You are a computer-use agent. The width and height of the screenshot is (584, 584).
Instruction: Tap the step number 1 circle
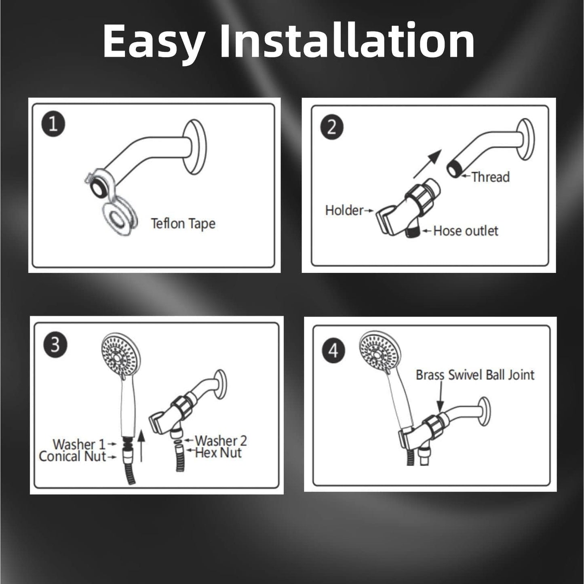click(53, 124)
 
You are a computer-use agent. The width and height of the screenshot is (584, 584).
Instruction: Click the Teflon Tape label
click(183, 223)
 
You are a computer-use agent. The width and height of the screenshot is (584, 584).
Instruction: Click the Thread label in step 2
click(490, 177)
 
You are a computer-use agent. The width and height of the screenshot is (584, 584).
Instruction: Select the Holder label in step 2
click(344, 210)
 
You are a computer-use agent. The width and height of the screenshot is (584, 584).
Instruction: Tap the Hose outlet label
click(466, 231)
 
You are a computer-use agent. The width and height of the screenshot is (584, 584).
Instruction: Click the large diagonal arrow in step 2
click(427, 163)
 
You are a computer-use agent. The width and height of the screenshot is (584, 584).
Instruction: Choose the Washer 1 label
click(79, 444)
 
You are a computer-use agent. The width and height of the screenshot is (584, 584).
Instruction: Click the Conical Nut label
click(73, 457)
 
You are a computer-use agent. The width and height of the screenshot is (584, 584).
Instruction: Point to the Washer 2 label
click(221, 441)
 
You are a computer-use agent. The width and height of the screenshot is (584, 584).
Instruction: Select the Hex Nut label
click(218, 453)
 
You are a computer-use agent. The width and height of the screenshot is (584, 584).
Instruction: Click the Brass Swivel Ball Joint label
click(475, 375)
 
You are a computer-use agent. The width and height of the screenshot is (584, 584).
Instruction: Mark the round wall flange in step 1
click(196, 147)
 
